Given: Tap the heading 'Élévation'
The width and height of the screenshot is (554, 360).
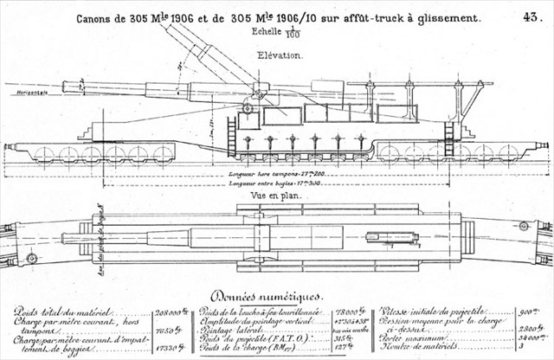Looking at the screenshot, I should tap(280, 55).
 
